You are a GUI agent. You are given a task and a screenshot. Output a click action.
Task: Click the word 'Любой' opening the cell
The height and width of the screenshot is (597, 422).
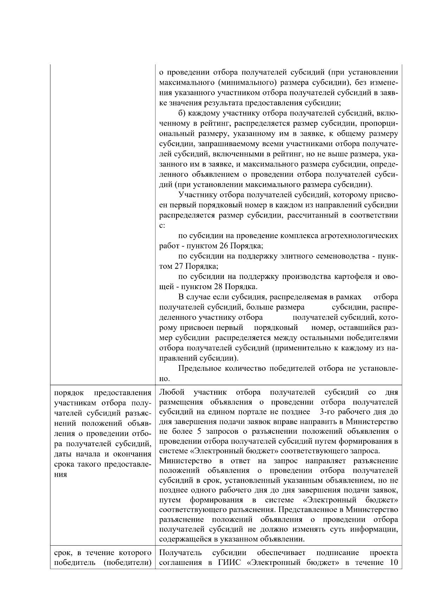click(x=170, y=392)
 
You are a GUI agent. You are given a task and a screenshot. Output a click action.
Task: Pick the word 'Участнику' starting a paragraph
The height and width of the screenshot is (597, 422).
click(x=197, y=195)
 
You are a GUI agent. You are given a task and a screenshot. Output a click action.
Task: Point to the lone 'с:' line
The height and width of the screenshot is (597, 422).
click(x=162, y=226)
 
